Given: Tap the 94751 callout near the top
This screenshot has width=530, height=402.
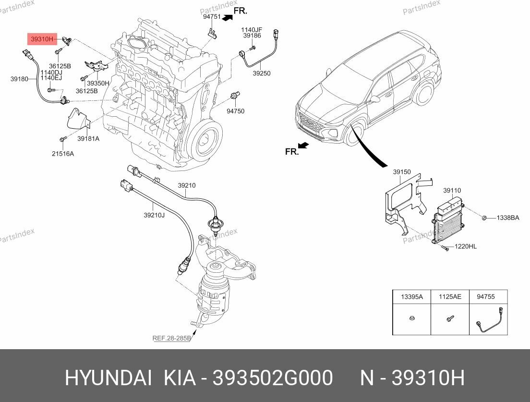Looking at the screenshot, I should tap(212, 16).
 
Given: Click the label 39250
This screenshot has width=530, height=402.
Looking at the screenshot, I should tap(262, 73).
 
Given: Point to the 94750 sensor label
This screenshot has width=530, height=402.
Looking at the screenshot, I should tap(236, 111).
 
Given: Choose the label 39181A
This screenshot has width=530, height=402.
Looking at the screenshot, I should tap(88, 138).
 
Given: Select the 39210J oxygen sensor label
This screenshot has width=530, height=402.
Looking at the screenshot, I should tap(154, 215).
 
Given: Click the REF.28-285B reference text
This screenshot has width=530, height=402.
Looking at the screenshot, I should tap(172, 338).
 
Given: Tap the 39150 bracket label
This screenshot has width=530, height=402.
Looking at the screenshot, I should tap(402, 171).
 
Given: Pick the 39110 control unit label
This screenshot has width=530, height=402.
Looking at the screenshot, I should tap(452, 190).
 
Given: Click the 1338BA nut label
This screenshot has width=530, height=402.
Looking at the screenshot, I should tap(508, 218).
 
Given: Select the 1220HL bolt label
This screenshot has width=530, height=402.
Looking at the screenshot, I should tap(465, 246).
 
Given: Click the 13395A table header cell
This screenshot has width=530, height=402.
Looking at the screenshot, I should tap(411, 297).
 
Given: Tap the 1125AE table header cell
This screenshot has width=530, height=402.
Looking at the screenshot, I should tap(449, 297).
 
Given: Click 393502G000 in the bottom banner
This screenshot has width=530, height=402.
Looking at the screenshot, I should tap(273, 378).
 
